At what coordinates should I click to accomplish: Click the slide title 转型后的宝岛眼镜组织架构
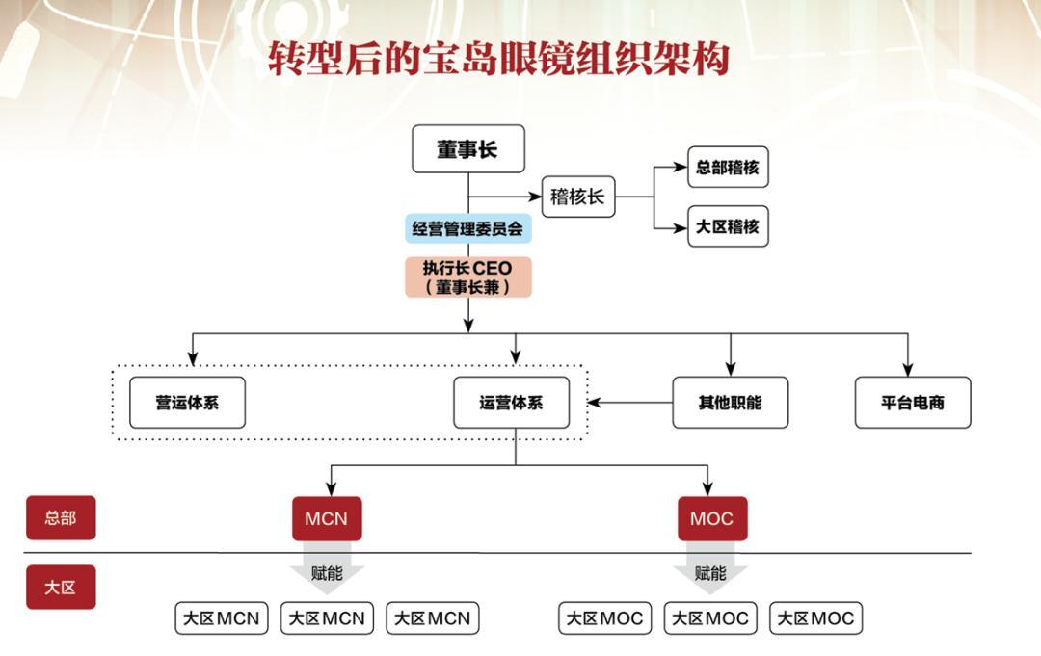(x=498, y=59)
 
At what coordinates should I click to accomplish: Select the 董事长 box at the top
(x=468, y=149)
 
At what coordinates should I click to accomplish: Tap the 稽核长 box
(x=577, y=197)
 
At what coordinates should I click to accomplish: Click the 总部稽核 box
(x=728, y=168)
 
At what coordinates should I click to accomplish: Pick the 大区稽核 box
(x=728, y=227)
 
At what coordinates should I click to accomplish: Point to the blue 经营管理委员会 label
(x=468, y=229)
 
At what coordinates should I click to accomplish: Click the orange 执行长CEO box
(x=468, y=276)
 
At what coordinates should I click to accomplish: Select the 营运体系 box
(x=187, y=403)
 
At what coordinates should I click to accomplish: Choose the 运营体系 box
(x=511, y=403)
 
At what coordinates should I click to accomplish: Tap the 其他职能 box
(x=730, y=403)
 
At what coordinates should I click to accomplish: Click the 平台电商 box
(x=912, y=403)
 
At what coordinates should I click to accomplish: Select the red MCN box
(x=326, y=518)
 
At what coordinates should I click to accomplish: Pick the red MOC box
(x=711, y=518)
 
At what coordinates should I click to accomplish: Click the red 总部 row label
(x=60, y=518)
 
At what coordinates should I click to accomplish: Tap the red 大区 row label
(x=60, y=587)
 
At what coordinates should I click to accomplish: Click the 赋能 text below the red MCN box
(x=327, y=573)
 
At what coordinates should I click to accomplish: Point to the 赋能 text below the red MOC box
(x=710, y=573)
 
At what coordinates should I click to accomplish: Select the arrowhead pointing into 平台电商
(x=908, y=368)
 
